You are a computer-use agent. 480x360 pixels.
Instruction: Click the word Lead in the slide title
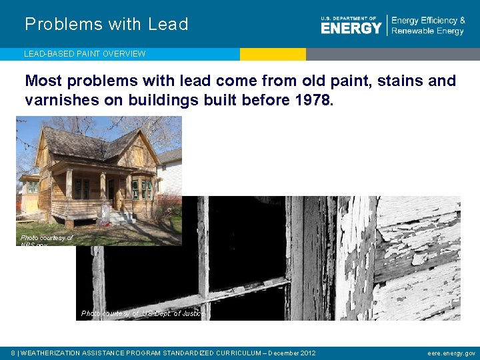(x=169, y=25)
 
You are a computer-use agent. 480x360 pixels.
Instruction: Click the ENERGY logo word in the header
(x=351, y=27)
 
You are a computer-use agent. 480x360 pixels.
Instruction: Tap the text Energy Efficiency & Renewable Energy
(x=428, y=26)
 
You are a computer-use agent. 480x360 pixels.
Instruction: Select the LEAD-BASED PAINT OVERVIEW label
(x=85, y=54)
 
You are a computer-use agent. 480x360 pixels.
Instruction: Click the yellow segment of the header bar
(x=273, y=54)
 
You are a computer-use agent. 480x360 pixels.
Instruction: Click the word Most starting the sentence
(x=44, y=81)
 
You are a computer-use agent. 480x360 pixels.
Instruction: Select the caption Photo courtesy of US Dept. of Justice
(x=143, y=313)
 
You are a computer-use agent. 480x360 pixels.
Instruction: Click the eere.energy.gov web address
(x=451, y=353)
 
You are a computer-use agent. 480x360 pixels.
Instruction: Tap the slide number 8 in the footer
(x=14, y=353)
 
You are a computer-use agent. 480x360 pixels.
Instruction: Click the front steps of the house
(x=122, y=217)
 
